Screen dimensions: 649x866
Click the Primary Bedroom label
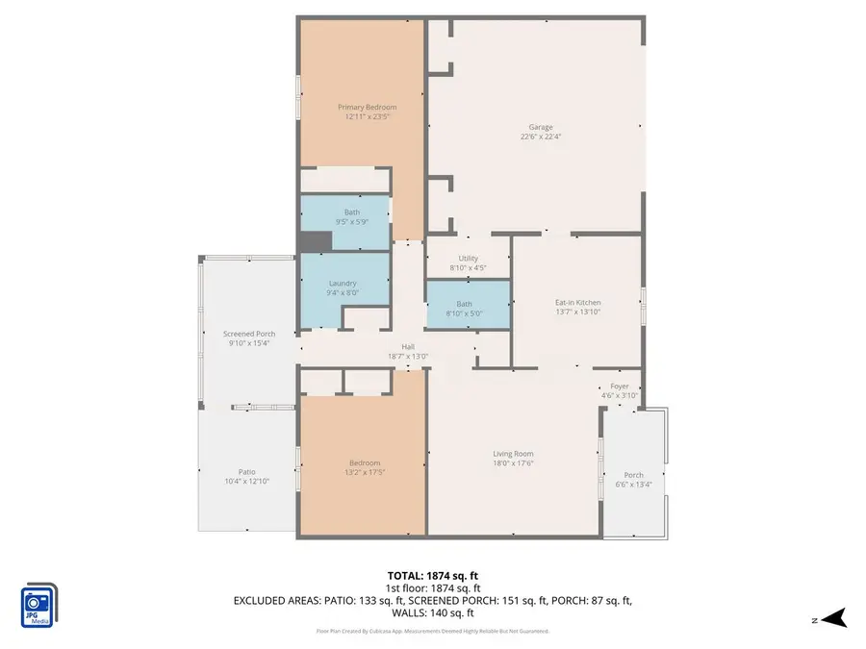click(x=366, y=107)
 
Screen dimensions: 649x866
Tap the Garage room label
click(x=540, y=127)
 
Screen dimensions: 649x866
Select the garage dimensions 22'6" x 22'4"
click(x=540, y=137)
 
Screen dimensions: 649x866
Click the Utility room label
click(x=469, y=259)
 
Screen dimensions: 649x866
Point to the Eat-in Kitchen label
click(x=578, y=302)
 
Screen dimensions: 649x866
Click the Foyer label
click(x=620, y=386)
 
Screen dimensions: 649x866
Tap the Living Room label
click(x=513, y=454)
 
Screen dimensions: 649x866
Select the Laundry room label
click(x=343, y=283)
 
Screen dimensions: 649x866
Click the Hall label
click(x=408, y=346)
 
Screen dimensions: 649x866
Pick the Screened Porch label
click(x=249, y=334)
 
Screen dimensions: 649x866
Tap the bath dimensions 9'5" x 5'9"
click(x=351, y=222)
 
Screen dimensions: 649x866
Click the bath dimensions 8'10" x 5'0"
click(x=464, y=313)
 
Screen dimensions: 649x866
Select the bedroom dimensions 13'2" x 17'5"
click(x=365, y=472)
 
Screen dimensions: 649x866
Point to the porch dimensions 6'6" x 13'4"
click(x=633, y=484)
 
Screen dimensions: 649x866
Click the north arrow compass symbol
click(x=833, y=617)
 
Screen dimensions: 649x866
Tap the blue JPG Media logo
click(x=38, y=606)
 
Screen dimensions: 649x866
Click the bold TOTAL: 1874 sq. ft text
click(x=432, y=574)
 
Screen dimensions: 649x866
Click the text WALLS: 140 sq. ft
click(x=432, y=612)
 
